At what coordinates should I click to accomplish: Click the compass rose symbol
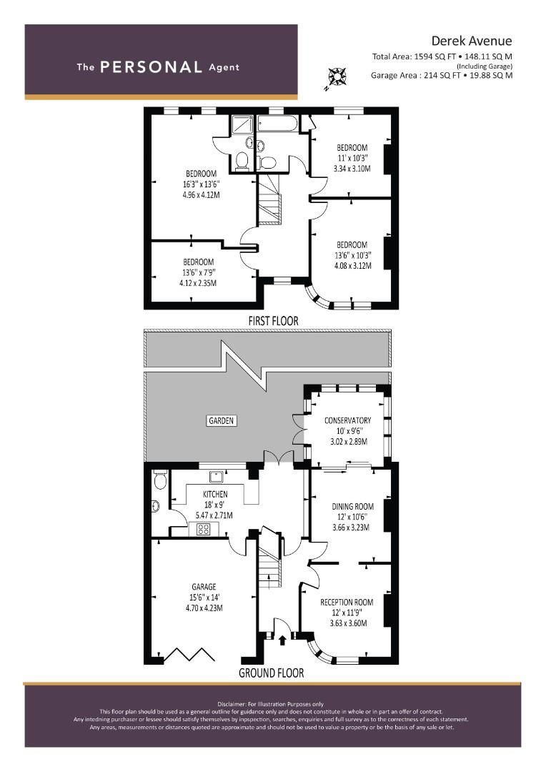pos(335,76)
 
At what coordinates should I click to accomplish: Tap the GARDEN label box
pos(222,420)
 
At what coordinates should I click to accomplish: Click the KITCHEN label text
pos(215,494)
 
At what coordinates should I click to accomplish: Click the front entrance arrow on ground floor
pos(282,639)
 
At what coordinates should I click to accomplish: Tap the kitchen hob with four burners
pos(204,530)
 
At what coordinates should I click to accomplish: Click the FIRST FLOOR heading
pos(273,322)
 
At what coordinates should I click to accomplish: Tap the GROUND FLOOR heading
pos(271,673)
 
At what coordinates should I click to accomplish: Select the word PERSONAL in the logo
pos(151,67)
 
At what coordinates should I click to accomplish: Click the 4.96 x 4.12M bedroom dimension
pos(202,193)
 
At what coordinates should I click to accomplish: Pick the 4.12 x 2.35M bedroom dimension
pos(198,283)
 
